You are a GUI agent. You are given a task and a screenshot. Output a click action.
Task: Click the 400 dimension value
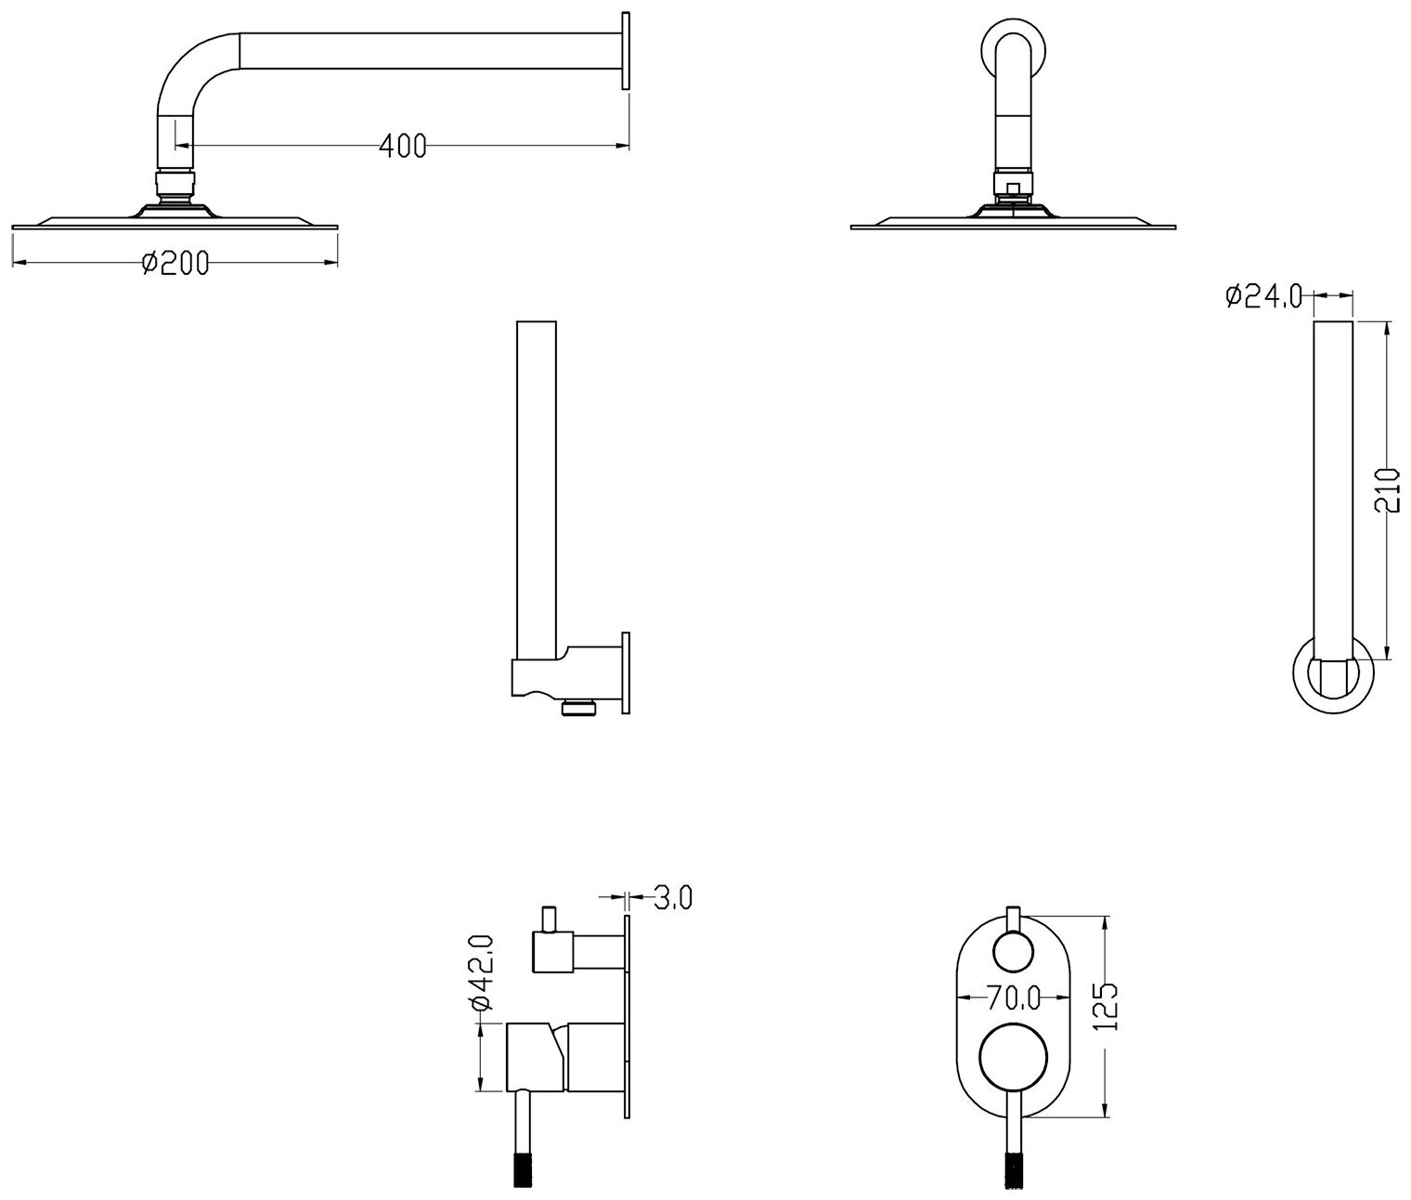403,145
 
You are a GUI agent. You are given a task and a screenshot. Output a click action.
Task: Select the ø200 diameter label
175,264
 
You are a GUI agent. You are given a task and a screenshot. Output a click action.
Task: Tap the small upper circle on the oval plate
1012,953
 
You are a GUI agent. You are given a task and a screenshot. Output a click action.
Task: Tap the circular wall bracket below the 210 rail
1332,673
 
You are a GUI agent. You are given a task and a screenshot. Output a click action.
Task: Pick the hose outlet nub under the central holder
576,708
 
